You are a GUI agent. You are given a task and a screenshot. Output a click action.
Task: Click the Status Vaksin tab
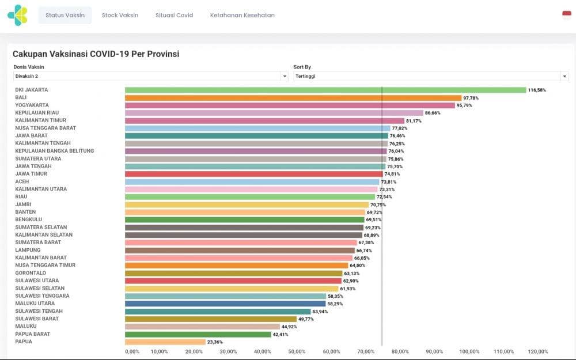click(65, 16)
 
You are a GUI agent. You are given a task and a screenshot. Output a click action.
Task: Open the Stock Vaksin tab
click(120, 16)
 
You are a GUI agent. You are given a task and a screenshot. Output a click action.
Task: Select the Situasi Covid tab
click(174, 16)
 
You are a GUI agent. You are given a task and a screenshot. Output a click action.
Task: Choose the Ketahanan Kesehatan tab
click(242, 16)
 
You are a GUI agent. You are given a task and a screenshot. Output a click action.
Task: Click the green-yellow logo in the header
click(17, 16)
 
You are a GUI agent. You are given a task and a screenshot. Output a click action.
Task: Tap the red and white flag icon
click(567, 15)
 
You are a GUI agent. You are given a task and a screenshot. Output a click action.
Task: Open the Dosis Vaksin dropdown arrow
click(284, 76)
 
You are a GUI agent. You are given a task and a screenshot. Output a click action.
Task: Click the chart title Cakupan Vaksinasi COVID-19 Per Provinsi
click(96, 54)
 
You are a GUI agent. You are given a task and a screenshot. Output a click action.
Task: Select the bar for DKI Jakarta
click(325, 90)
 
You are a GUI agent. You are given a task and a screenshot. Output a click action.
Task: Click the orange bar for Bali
click(293, 98)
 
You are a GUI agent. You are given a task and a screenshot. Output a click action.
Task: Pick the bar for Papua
click(165, 342)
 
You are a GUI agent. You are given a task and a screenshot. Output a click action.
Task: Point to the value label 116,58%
click(537, 90)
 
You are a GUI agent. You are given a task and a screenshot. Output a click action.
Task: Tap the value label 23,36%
click(215, 342)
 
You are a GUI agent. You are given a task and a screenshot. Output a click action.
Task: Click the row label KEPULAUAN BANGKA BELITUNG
click(54, 151)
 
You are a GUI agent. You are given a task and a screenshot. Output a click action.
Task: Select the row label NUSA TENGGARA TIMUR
click(45, 266)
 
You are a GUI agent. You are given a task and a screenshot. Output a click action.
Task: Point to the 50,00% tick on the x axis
click(297, 352)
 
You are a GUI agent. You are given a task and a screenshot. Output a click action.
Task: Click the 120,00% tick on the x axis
click(539, 352)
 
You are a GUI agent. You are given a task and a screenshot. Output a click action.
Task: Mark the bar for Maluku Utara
click(225, 304)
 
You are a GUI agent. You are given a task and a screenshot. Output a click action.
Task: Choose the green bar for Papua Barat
click(198, 334)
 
